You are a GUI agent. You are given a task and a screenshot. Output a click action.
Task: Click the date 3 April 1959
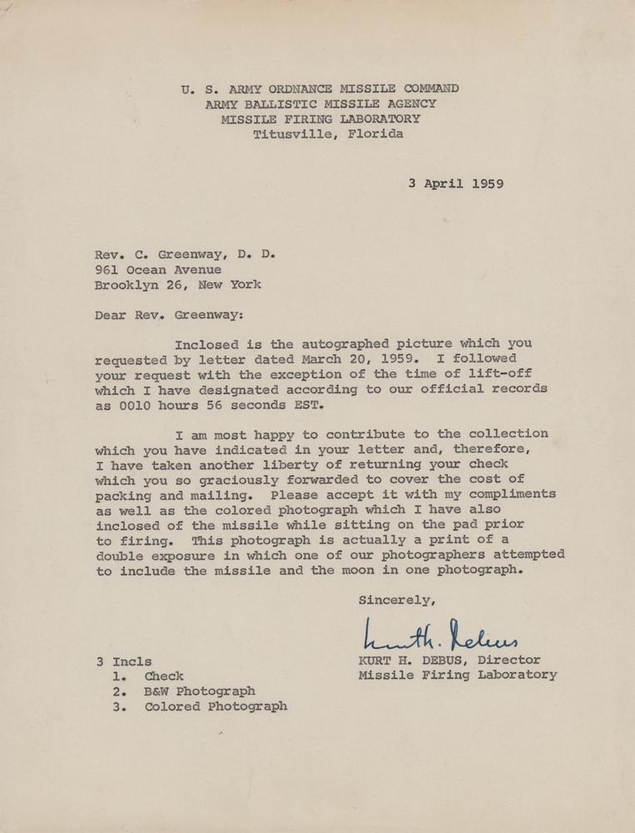click(455, 184)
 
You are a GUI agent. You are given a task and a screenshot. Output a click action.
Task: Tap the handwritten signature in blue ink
click(441, 638)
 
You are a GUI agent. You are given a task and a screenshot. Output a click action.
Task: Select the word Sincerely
click(396, 600)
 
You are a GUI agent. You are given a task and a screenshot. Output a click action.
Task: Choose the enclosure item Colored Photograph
click(216, 706)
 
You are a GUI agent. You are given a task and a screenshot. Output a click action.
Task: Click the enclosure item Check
click(164, 676)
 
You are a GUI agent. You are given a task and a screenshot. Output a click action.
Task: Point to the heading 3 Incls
click(124, 661)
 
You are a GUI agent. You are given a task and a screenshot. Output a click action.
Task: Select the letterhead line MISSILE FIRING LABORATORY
click(320, 119)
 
